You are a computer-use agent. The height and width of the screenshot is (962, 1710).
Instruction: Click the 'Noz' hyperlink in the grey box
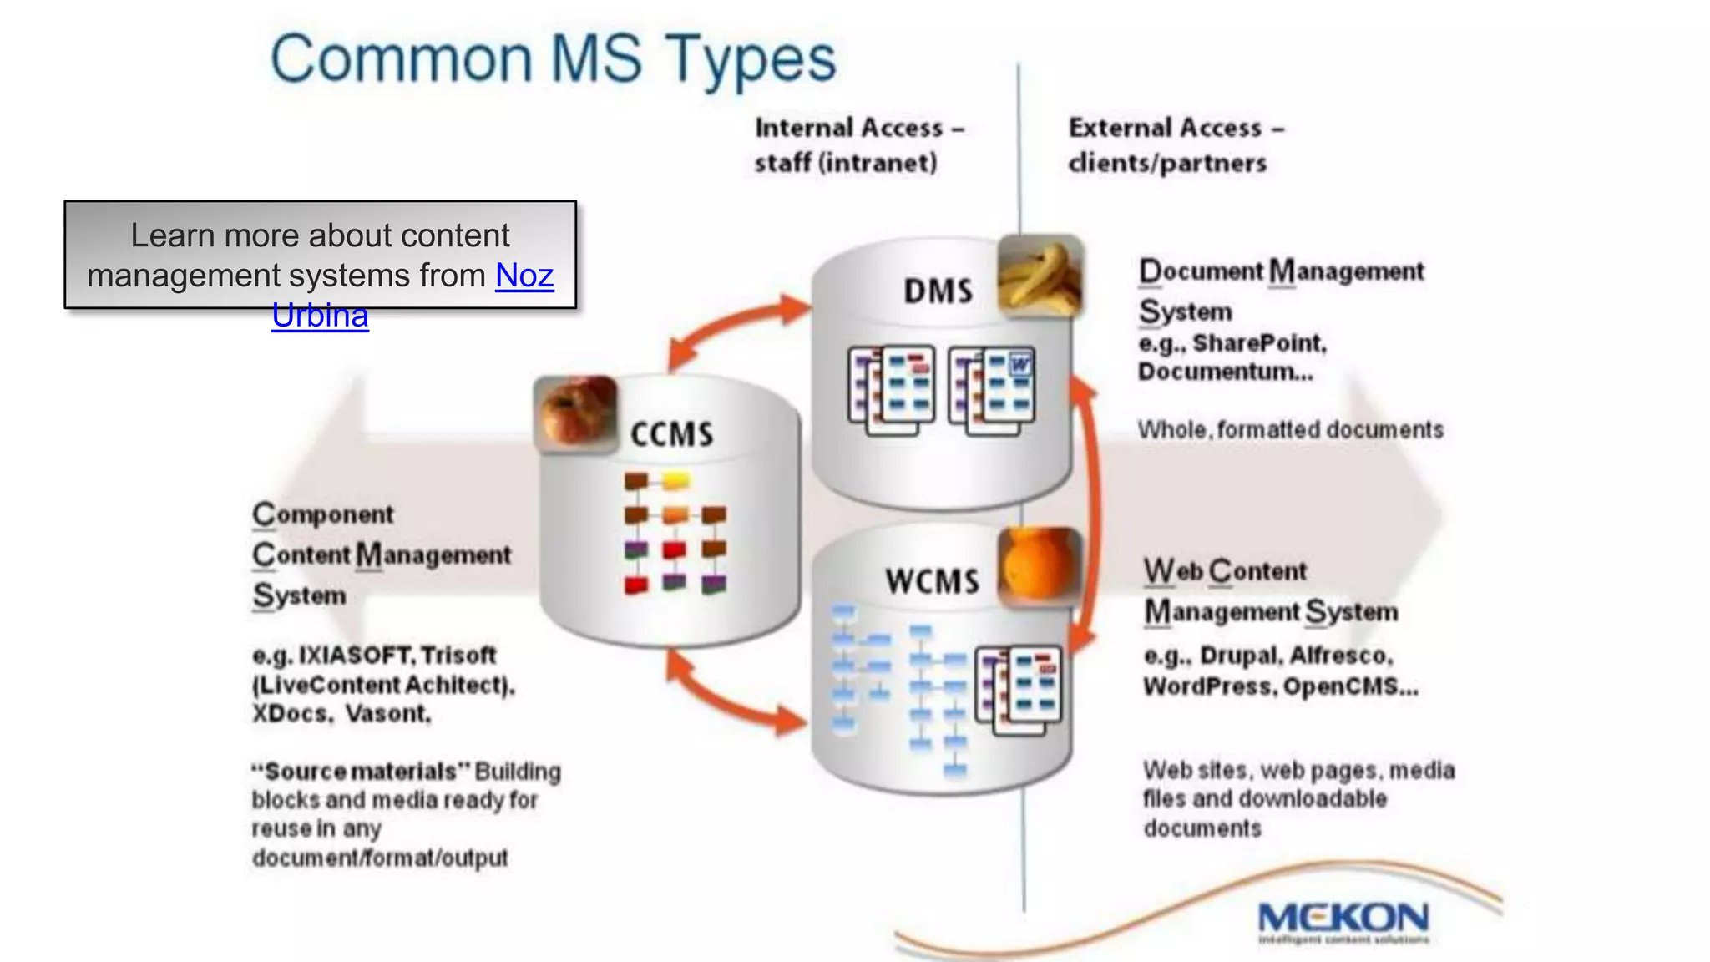click(x=524, y=276)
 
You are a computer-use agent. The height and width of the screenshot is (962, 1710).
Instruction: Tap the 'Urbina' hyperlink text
click(x=320, y=316)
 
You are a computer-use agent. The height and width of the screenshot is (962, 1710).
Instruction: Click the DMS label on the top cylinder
click(x=938, y=291)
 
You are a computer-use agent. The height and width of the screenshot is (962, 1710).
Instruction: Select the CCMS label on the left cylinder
click(x=672, y=434)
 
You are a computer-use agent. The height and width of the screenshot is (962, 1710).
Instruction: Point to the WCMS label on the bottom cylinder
click(x=933, y=581)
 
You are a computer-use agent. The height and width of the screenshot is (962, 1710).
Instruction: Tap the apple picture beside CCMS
click(x=576, y=413)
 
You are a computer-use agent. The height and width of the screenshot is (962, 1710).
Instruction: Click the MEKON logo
click(x=1343, y=919)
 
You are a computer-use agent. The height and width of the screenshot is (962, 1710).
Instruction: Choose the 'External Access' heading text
click(x=1166, y=128)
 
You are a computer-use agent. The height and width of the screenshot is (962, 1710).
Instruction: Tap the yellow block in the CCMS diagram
click(x=676, y=481)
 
